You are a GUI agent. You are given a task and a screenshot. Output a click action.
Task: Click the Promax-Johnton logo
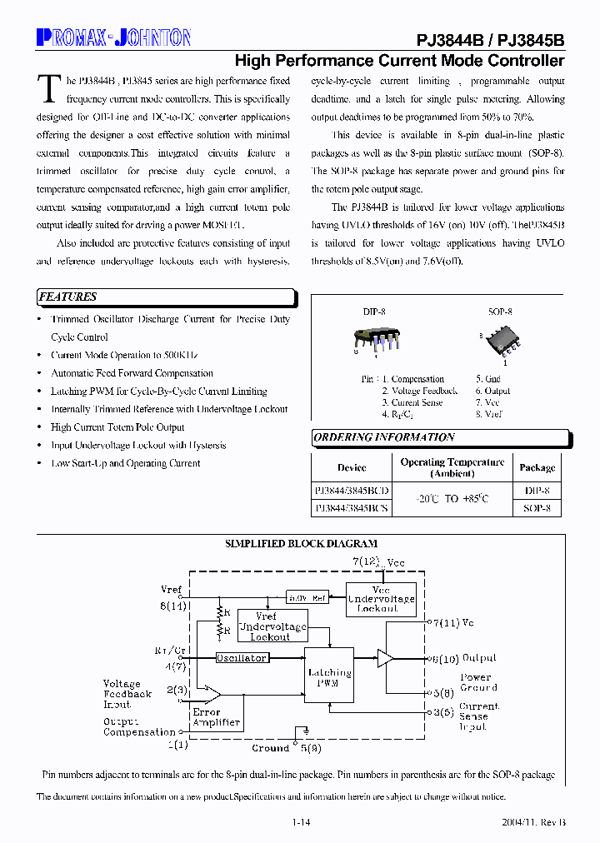113,37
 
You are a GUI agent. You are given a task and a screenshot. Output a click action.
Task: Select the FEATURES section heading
68,297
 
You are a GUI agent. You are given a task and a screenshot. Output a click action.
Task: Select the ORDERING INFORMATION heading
384,437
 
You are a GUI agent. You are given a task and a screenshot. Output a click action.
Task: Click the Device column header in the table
352,467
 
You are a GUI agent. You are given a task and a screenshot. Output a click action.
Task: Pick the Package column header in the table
537,467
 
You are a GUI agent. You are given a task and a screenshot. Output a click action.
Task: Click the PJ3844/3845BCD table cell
352,491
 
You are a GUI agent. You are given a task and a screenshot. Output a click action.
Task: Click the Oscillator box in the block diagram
242,658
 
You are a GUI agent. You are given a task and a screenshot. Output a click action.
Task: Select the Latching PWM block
329,678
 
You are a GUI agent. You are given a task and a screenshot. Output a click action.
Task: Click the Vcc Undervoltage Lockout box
381,599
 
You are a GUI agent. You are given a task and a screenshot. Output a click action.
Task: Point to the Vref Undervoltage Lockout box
272,626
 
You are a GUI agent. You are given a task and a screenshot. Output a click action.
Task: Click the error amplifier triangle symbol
212,694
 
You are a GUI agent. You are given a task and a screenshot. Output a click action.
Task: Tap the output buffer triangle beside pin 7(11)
384,658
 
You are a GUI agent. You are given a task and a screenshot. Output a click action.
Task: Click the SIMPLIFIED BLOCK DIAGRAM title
301,543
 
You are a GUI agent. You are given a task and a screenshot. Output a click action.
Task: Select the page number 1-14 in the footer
302,822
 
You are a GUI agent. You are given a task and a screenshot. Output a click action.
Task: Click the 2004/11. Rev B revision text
533,822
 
